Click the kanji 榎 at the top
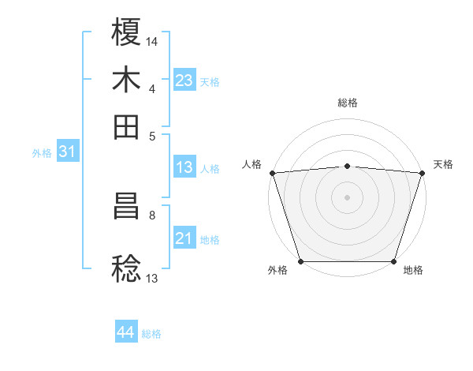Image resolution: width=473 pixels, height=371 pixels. coord(126,33)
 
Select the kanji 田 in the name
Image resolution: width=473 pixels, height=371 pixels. coord(126,126)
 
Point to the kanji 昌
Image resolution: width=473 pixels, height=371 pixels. coord(126,208)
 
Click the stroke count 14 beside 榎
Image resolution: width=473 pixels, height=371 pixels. coord(152,40)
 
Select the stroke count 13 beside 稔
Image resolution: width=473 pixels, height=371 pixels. coord(152,277)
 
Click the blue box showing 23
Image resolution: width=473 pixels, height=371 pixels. coord(184,81)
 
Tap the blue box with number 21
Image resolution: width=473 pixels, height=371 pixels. coord(184,238)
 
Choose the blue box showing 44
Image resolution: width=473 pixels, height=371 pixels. coord(125,332)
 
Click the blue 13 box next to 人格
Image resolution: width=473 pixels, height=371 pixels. coord(184,167)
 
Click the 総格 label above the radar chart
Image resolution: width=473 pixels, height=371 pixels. coord(347,103)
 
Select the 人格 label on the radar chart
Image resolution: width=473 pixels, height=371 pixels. coord(251,164)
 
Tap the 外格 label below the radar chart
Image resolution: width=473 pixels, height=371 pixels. coord(277,271)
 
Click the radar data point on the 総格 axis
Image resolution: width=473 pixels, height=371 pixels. coord(347,166)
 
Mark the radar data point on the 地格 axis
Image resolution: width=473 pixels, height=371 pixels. coord(393,260)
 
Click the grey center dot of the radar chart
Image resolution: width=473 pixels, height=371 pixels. coord(347,197)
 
